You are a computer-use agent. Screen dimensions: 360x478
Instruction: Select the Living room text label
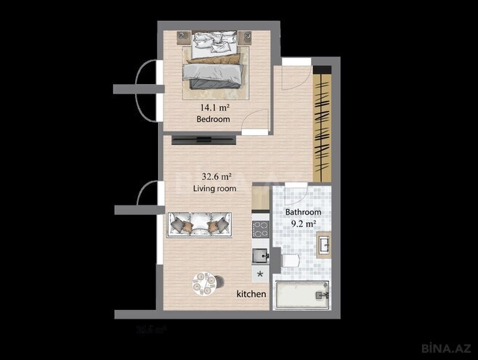(215, 188)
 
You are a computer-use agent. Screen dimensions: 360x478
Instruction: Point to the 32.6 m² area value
(215, 176)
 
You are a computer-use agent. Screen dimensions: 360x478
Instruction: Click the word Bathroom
(303, 212)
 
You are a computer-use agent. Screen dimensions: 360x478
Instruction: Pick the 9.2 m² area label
(303, 224)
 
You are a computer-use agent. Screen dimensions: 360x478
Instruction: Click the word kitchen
(251, 295)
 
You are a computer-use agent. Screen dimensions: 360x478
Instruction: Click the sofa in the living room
(199, 224)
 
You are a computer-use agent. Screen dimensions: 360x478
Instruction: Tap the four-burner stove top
(260, 230)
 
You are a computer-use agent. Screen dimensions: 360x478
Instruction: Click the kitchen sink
(259, 255)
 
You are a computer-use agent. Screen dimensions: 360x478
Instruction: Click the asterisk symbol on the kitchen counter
(260, 274)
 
